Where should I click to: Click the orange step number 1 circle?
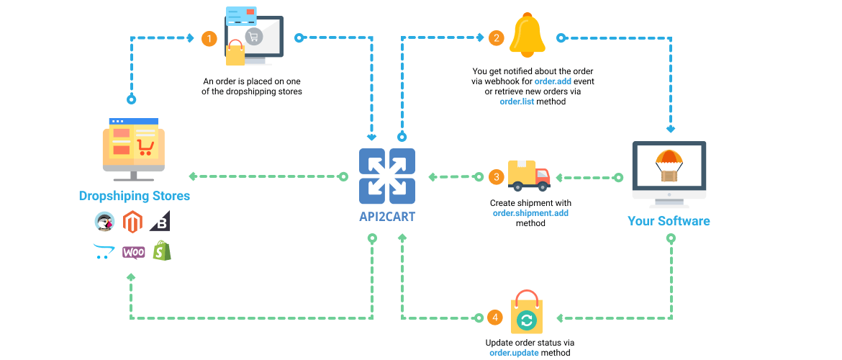pyautogui.click(x=209, y=39)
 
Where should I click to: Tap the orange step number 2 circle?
pyautogui.click(x=496, y=39)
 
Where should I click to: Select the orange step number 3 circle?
pyautogui.click(x=496, y=176)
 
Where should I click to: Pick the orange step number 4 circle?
pyautogui.click(x=495, y=318)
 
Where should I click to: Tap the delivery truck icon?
pyautogui.click(x=529, y=175)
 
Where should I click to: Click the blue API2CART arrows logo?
pyautogui.click(x=387, y=176)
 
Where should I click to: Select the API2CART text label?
pyautogui.click(x=387, y=217)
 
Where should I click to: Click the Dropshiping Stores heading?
pyautogui.click(x=135, y=196)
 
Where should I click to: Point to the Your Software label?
pyautogui.click(x=669, y=221)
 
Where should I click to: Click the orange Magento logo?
pyautogui.click(x=132, y=222)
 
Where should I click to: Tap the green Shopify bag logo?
pyautogui.click(x=162, y=251)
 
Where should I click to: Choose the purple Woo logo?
pyautogui.click(x=133, y=252)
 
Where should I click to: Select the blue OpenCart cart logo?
pyautogui.click(x=104, y=252)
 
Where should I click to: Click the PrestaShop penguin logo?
pyautogui.click(x=104, y=222)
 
